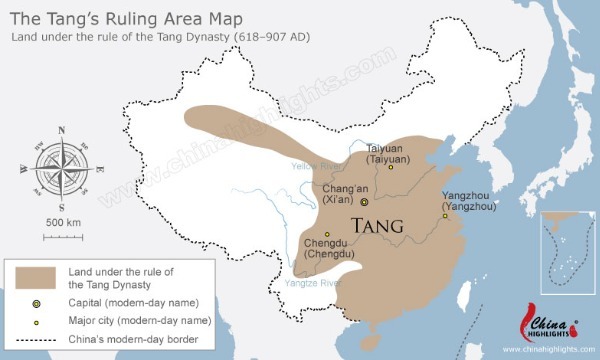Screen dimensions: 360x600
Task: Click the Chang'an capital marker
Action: pyautogui.click(x=365, y=201)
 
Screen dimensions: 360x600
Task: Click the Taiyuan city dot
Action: pyautogui.click(x=392, y=168)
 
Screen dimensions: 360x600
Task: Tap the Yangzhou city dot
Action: pyautogui.click(x=445, y=214)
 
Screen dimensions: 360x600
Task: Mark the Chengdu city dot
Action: pyautogui.click(x=327, y=235)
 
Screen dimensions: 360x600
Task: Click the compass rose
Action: pyautogui.click(x=61, y=164)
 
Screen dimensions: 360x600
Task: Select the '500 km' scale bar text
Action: pyautogui.click(x=62, y=221)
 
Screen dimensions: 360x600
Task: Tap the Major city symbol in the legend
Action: pyautogui.click(x=36, y=320)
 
